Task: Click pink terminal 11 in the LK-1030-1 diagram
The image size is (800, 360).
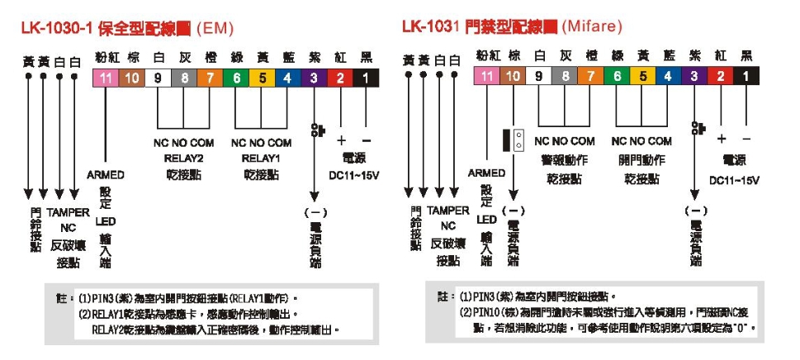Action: point(105,78)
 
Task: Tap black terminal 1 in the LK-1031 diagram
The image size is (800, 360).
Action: point(746,76)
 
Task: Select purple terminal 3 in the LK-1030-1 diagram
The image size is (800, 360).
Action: point(315,78)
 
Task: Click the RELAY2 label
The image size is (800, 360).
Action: point(183,157)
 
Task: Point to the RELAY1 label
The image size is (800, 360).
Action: point(262,157)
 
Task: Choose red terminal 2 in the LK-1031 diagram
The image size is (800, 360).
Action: point(721,76)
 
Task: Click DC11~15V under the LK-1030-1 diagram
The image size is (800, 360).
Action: point(354,175)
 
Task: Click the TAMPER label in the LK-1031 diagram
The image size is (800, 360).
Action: point(448,211)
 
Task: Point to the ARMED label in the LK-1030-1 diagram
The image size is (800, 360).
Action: point(105,175)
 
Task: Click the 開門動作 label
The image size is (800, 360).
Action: point(641,159)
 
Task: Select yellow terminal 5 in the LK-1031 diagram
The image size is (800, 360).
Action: point(641,76)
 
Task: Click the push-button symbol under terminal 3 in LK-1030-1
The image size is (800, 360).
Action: point(315,129)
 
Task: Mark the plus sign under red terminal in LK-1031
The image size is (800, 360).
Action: point(722,138)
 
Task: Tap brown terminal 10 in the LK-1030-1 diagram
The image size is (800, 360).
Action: point(131,78)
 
